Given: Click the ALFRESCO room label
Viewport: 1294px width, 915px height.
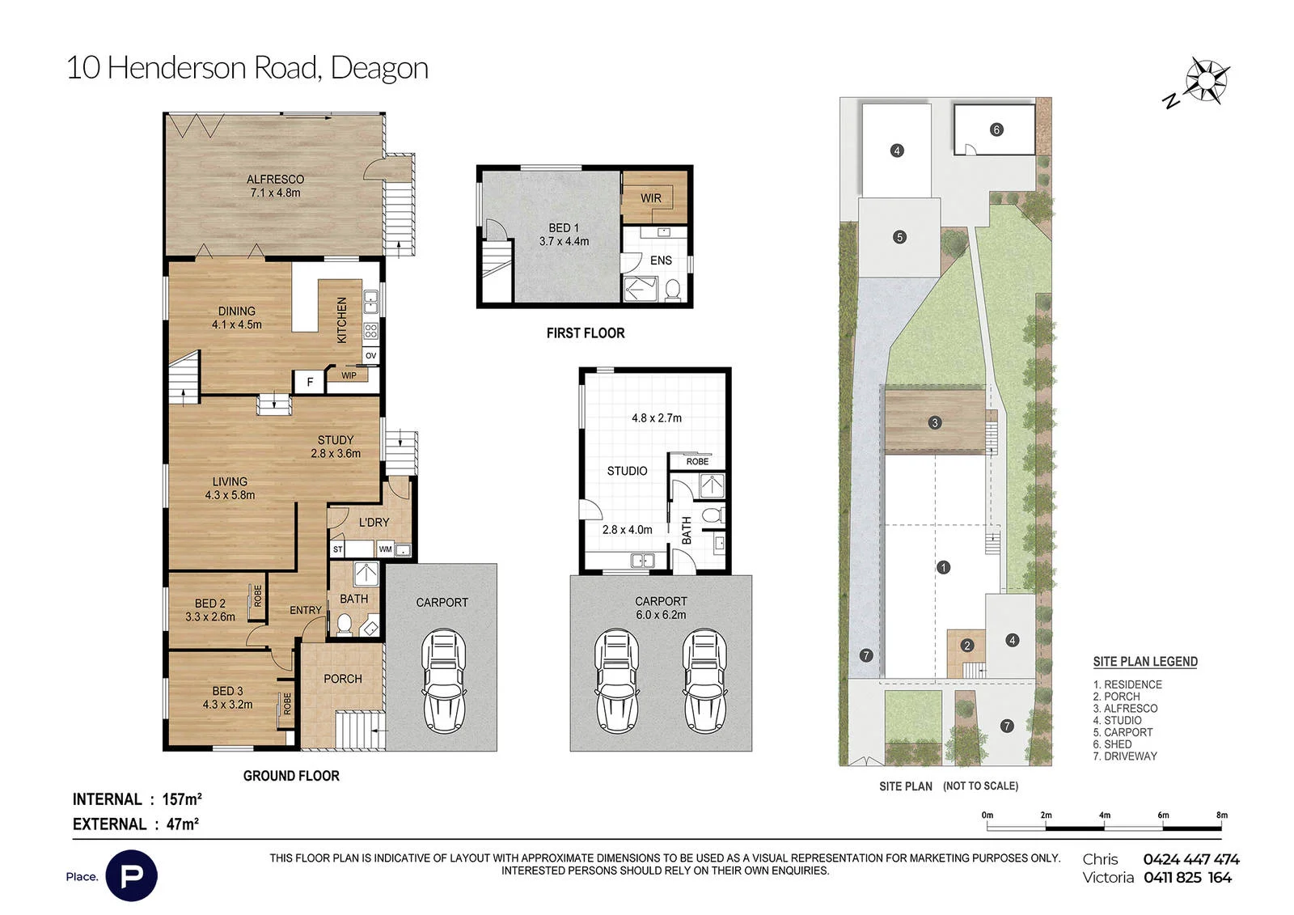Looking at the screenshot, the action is tap(275, 179).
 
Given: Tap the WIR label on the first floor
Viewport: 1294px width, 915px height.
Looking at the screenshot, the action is tap(650, 197).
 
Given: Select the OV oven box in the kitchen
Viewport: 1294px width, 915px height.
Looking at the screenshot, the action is tap(371, 355).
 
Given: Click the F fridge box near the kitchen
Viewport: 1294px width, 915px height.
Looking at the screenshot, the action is tap(310, 382).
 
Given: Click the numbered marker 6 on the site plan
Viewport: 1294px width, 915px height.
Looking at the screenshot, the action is tap(996, 130).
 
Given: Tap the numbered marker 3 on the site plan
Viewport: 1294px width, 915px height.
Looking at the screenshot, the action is tap(935, 423).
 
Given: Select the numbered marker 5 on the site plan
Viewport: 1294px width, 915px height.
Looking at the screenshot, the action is tap(899, 237).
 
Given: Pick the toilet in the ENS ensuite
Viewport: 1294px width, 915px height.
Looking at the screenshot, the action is tap(672, 290).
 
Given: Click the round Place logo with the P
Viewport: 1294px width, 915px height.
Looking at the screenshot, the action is tap(132, 875).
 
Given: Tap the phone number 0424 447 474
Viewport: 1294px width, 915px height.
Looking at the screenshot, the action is tap(1191, 859).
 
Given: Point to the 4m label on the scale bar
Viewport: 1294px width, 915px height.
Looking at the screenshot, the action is tap(1104, 815).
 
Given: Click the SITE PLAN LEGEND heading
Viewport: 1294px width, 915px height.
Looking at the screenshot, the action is tap(1145, 662).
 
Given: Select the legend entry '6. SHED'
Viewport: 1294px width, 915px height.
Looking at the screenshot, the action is tap(1112, 744).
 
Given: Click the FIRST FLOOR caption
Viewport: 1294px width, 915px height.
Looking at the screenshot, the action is tap(586, 333).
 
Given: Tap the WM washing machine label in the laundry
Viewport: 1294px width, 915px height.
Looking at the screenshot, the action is tap(385, 549).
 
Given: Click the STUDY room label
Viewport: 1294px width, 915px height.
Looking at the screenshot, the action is tap(335, 440).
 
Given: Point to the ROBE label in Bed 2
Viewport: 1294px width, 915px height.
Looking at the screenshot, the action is tap(258, 596).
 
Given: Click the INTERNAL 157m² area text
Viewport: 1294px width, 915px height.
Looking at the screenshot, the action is tap(137, 799).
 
